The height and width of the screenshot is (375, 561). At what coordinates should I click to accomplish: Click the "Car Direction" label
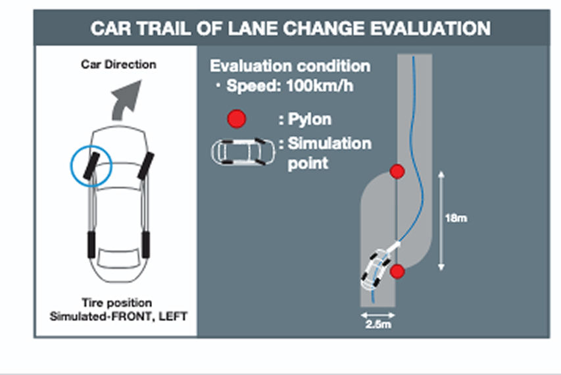pyautogui.click(x=119, y=64)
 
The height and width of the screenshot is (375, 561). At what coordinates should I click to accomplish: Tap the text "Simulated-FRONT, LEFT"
pyautogui.click(x=119, y=316)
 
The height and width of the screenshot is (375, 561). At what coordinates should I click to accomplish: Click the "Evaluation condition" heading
pyautogui.click(x=289, y=66)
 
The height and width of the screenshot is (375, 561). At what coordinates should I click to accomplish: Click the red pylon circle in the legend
pyautogui.click(x=236, y=119)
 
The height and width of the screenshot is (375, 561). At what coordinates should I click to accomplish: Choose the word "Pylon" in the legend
pyautogui.click(x=310, y=120)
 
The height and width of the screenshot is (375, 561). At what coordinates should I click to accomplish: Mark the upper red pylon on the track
pyautogui.click(x=397, y=172)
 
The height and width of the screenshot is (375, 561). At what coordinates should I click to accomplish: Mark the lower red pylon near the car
pyautogui.click(x=396, y=272)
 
